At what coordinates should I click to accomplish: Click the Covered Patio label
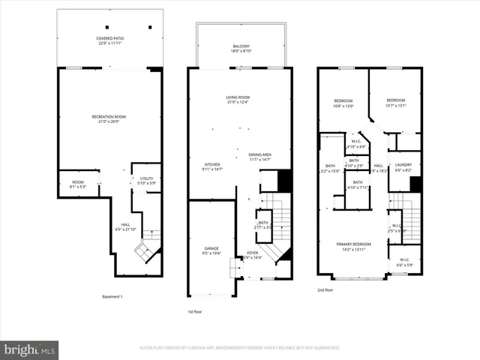pyautogui.click(x=109, y=40)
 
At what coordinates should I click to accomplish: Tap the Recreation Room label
pyautogui.click(x=109, y=119)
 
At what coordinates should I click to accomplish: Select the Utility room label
pyautogui.click(x=146, y=181)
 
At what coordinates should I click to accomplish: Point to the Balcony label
pyautogui.click(x=240, y=49)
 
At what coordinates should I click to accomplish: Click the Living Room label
pyautogui.click(x=238, y=100)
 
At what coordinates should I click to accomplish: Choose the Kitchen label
pyautogui.click(x=212, y=167)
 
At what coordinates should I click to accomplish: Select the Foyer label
pyautogui.click(x=253, y=255)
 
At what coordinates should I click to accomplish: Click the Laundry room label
pyautogui.click(x=403, y=167)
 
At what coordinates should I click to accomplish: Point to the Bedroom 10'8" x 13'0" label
pyautogui.click(x=343, y=103)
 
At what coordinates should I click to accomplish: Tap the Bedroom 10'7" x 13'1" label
pyautogui.click(x=395, y=103)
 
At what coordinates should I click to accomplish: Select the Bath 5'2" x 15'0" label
pyautogui.click(x=330, y=168)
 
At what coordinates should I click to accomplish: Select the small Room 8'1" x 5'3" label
pyautogui.click(x=78, y=183)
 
